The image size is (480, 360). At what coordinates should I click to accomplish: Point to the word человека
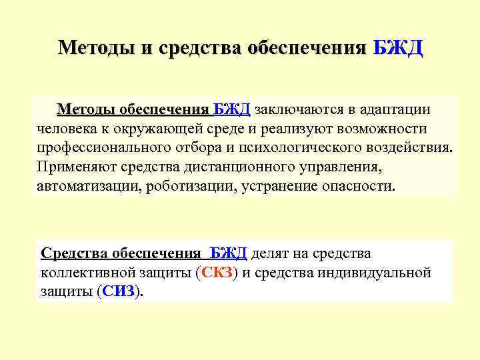(69, 128)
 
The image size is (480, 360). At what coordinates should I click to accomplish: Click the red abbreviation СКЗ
(216, 273)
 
